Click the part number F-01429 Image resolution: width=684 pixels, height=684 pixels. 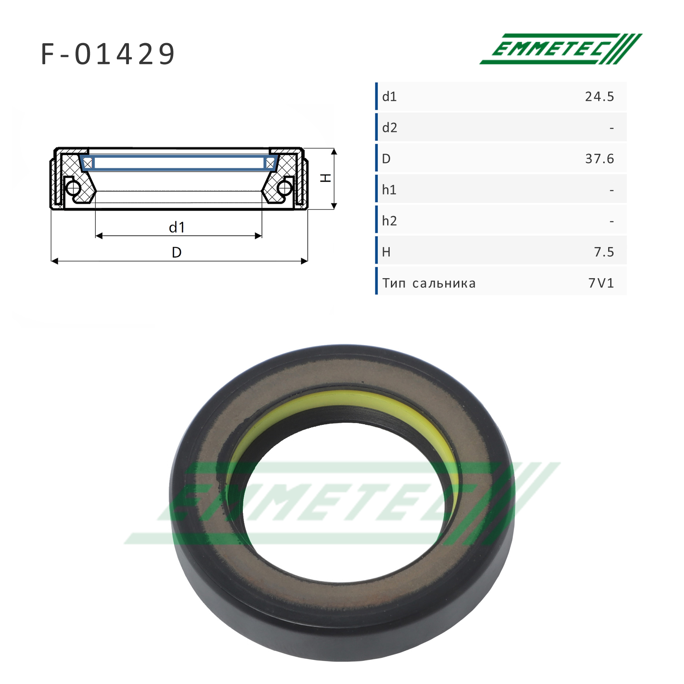108,54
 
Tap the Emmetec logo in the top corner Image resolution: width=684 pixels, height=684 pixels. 561,49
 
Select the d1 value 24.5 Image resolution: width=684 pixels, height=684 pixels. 599,97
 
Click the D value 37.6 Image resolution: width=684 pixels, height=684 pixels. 599,159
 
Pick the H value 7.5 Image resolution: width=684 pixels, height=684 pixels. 604,252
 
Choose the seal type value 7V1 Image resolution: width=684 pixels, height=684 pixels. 601,283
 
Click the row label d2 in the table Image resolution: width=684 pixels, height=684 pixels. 390,128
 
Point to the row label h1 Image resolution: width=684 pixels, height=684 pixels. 389,190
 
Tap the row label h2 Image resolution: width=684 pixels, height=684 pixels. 390,221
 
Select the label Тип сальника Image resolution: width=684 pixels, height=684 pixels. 429,283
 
